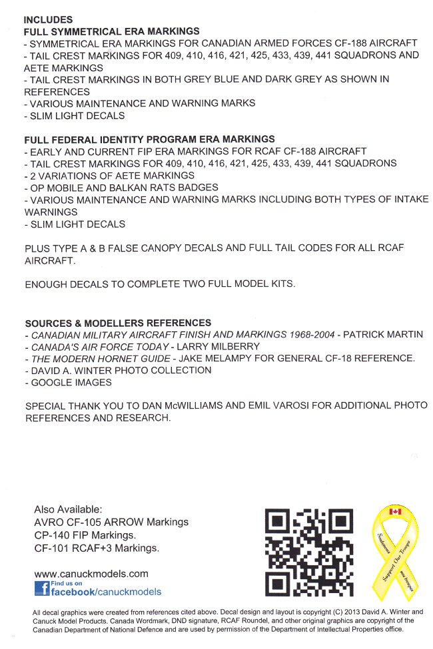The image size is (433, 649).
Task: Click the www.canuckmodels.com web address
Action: [x=91, y=573]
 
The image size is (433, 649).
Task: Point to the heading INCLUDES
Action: [x=48, y=20]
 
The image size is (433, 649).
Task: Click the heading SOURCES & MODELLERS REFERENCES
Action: [x=118, y=323]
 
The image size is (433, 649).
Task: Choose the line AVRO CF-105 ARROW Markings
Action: [x=111, y=522]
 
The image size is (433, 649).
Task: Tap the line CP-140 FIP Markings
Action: [x=85, y=535]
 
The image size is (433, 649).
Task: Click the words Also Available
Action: [x=68, y=509]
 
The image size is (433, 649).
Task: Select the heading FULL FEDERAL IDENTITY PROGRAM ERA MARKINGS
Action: [x=149, y=139]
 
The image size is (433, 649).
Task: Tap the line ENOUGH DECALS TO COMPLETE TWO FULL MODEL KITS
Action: [x=159, y=284]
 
